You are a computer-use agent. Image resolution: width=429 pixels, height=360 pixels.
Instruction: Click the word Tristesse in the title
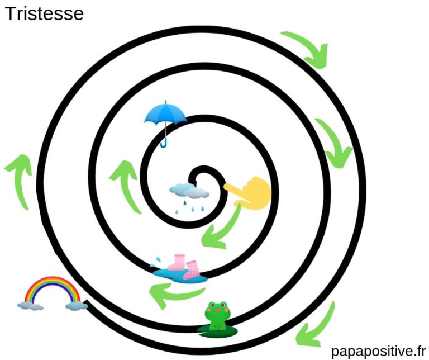tap(44, 13)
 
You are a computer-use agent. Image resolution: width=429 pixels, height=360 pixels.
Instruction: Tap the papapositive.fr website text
tap(378, 350)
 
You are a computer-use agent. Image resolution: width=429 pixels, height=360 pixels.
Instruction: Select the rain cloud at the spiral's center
tap(189, 191)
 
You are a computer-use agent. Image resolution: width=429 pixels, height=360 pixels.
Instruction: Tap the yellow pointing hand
tap(251, 190)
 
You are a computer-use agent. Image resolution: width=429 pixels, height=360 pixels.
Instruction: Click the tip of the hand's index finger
tap(226, 187)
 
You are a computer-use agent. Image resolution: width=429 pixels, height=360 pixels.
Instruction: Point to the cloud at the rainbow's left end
tap(30, 305)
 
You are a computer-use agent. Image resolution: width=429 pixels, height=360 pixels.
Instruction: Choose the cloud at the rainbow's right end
tap(76, 305)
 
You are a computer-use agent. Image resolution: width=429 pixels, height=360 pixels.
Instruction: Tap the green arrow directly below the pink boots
tap(169, 293)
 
